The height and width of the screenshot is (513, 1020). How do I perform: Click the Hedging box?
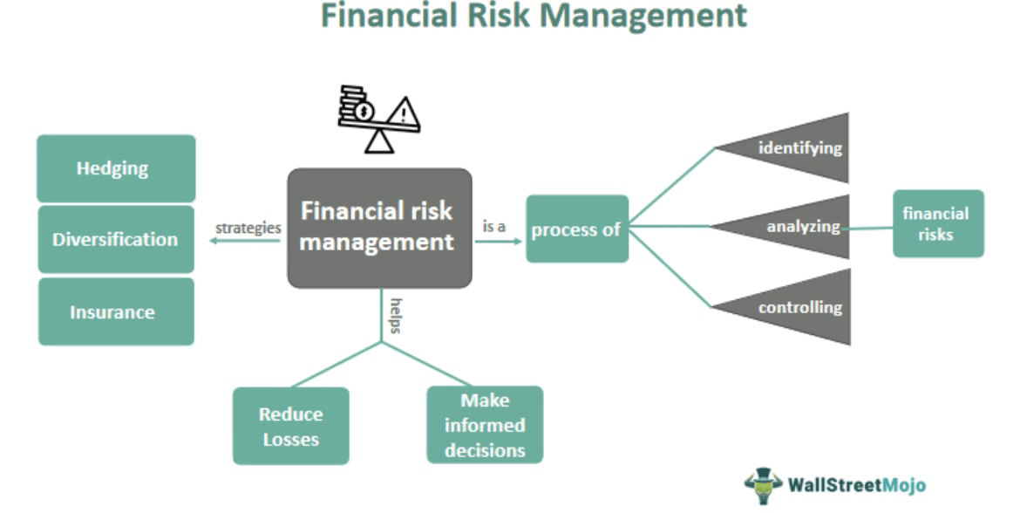tap(115, 168)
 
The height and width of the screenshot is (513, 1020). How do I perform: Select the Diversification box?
tap(115, 239)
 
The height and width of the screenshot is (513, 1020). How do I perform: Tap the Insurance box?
tap(115, 311)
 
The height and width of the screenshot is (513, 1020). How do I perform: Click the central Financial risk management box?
tap(379, 228)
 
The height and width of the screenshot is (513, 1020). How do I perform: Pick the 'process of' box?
tap(576, 229)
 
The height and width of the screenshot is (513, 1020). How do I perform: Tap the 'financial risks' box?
tap(937, 223)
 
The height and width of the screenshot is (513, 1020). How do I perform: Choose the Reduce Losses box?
tap(290, 426)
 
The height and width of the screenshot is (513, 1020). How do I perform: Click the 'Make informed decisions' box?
tap(484, 425)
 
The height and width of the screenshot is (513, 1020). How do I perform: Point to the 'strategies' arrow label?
tap(248, 228)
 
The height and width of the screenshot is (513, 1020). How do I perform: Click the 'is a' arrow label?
tap(495, 226)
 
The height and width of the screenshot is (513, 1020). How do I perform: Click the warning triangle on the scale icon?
tap(403, 113)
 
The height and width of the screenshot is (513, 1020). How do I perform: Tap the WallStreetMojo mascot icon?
tap(763, 484)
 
